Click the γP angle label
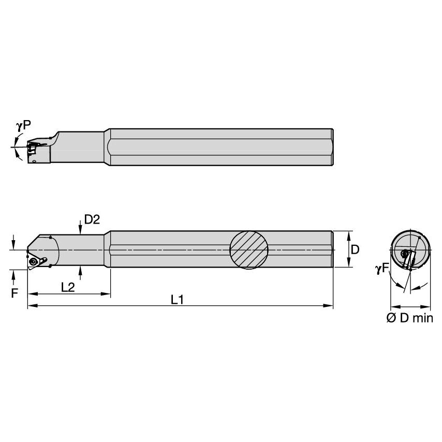coord(23,125)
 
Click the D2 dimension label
coord(91,219)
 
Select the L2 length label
coord(67,288)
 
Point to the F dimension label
coord(14,293)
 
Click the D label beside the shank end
coord(355,249)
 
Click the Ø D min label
coord(409,318)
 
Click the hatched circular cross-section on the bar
coord(249,249)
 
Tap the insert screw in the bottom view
coord(34,262)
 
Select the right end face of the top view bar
coord(332,147)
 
